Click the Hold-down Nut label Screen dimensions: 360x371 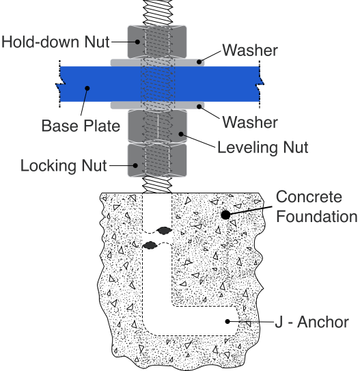coord(55,42)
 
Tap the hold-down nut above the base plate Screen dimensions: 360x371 coord(157,42)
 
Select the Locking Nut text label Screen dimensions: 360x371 coord(64,165)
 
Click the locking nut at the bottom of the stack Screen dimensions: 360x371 coord(157,160)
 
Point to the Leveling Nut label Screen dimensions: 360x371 coord(262,148)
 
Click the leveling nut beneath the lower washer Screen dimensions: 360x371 coord(157,126)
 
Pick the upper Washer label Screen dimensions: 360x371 coord(250,50)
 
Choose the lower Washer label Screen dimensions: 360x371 coord(250,122)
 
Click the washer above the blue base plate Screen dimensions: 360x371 coord(158,62)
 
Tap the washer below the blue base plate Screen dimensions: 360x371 coord(158,105)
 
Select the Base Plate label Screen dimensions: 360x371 coord(81,126)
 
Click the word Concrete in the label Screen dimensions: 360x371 coord(309,197)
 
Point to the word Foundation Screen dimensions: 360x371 coord(317,217)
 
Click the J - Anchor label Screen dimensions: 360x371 coord(311,322)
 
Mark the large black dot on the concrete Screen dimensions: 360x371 coord(225,215)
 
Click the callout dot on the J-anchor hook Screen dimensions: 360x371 coord(227,321)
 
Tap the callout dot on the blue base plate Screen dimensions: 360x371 coord(87,88)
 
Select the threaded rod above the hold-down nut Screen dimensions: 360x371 coord(157,12)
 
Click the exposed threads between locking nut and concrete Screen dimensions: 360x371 coord(157,184)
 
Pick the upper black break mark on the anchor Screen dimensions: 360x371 coord(164,230)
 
